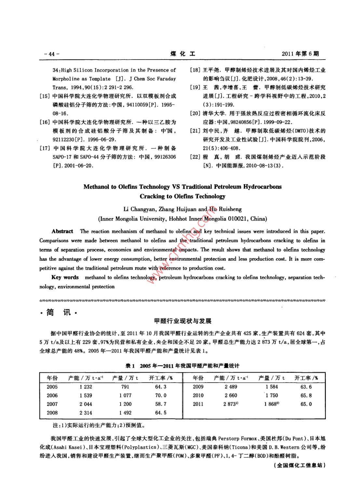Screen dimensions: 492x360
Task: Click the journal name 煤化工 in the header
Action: tap(183, 54)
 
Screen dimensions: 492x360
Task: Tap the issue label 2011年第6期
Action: tap(300, 54)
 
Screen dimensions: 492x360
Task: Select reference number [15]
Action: tap(44, 96)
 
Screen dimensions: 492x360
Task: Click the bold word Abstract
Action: tap(62, 231)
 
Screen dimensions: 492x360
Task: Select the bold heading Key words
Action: tap(65, 277)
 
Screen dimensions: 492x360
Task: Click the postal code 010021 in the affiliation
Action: tap(239, 219)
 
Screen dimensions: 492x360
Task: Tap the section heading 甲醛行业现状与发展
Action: tap(183, 321)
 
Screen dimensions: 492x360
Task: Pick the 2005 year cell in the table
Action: tap(52, 387)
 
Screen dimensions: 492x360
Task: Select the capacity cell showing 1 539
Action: tap(86, 395)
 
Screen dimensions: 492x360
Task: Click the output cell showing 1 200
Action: tap(125, 404)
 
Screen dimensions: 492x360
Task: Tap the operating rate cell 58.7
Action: tap(161, 404)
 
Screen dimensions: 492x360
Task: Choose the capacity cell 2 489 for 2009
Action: tap(231, 387)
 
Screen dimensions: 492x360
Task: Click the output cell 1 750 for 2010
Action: tap(272, 395)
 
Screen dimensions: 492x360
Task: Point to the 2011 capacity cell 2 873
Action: tap(231, 404)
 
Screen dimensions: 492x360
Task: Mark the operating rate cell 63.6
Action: tap(306, 387)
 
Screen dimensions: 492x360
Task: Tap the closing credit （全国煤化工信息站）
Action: tap(300, 465)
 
